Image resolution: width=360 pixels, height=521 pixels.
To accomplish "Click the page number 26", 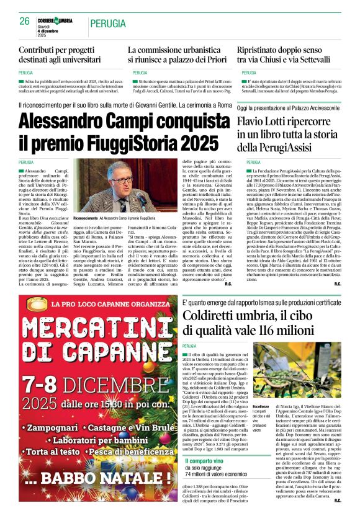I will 25,22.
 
